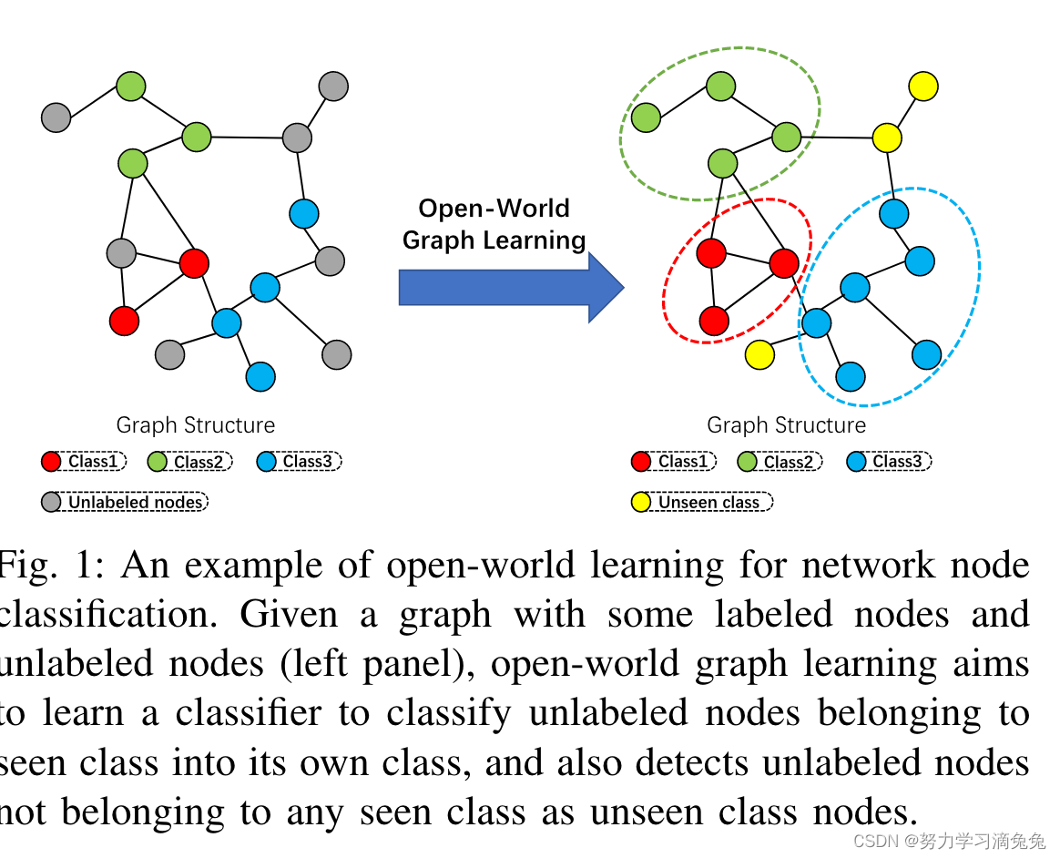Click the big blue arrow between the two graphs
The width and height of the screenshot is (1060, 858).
coord(510,287)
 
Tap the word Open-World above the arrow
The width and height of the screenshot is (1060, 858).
coord(494,209)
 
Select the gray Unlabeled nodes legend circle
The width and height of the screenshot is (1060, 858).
coord(52,502)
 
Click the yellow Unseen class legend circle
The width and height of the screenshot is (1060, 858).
coord(641,502)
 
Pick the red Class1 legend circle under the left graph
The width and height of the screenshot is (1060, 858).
coord(51,462)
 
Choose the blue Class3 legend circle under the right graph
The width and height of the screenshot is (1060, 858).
coord(856,462)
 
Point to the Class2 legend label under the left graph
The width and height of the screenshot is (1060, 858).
coord(199,462)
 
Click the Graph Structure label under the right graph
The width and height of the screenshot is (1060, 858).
coord(786,425)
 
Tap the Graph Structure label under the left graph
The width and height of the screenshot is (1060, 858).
coord(195,425)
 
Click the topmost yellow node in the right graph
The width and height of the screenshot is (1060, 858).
coord(923,87)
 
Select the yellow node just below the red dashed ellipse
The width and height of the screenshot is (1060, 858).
coord(759,354)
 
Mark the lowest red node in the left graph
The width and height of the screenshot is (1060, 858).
coord(124,321)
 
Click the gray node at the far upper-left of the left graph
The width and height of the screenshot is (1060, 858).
coord(56,117)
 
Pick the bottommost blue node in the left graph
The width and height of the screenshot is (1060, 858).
coord(260,376)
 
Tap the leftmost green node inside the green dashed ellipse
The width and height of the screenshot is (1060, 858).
coord(646,117)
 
